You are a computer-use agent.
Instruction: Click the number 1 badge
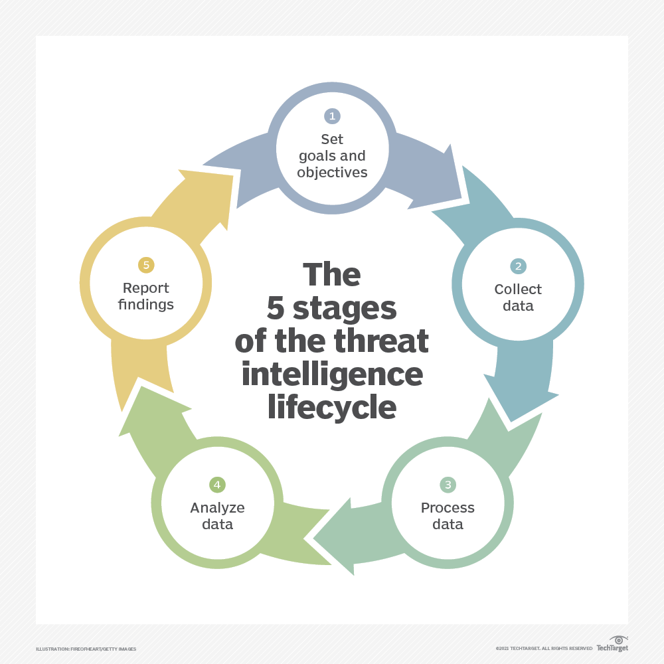pos(332,116)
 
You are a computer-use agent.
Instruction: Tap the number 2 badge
pos(518,266)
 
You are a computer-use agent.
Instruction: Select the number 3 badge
pos(448,485)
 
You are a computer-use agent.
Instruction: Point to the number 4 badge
pos(217,485)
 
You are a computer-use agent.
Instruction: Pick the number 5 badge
pos(146,265)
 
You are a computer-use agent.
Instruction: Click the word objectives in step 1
pos(332,172)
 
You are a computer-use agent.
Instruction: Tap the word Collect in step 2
pos(518,290)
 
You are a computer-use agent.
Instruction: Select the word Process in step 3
pos(448,508)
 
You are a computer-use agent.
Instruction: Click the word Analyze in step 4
pos(217,508)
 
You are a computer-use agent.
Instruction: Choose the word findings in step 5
pos(146,305)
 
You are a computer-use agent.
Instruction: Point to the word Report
pos(146,288)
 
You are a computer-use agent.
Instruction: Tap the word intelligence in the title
pos(332,374)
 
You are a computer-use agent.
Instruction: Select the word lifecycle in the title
pos(332,408)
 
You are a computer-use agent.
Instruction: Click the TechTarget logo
pos(612,644)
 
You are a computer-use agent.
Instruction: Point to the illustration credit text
pos(86,649)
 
